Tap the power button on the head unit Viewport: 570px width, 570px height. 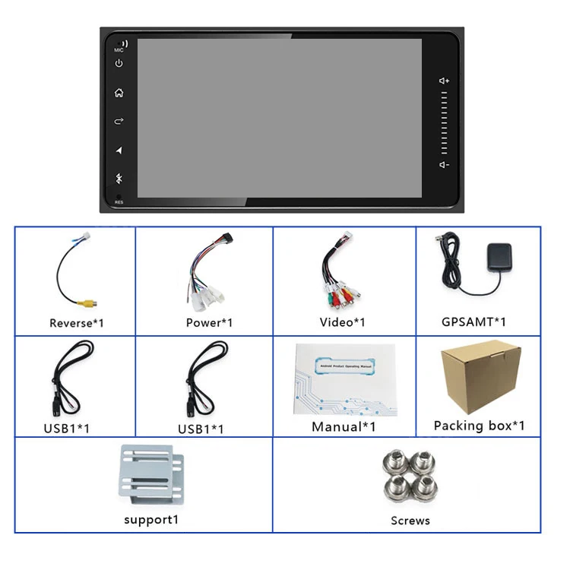point(119,64)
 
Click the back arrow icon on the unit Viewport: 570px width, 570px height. point(119,122)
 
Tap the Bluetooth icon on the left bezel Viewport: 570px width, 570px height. point(119,179)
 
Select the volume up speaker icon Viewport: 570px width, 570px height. point(445,81)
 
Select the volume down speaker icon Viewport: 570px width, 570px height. point(445,165)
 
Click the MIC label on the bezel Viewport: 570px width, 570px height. point(119,50)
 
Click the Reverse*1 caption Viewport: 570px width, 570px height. point(77,323)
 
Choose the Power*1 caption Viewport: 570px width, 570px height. point(209,323)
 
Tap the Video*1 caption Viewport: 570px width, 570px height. point(342,322)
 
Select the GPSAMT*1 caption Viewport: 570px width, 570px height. point(473,321)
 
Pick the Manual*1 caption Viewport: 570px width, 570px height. point(344,427)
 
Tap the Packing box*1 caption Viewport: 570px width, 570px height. point(479,426)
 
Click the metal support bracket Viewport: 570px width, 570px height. point(152,477)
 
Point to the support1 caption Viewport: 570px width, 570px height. point(151,520)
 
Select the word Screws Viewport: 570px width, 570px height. point(410,521)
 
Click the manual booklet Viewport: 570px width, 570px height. point(345,379)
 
